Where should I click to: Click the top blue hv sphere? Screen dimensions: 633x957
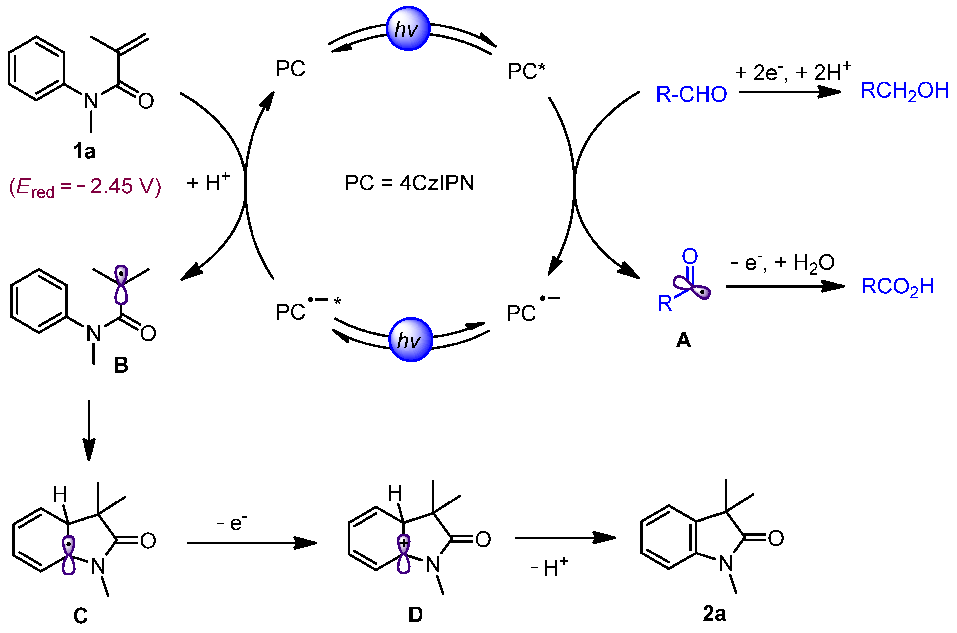point(408,28)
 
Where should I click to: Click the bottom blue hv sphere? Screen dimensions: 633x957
point(410,340)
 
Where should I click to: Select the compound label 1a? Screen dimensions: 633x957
point(84,152)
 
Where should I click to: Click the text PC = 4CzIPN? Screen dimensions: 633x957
point(409,183)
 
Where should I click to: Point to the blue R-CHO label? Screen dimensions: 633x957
point(691,94)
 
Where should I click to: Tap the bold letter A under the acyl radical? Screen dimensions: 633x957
point(683,340)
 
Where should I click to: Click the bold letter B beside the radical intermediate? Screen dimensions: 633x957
point(121,365)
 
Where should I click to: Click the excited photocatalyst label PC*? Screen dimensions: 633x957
point(526,71)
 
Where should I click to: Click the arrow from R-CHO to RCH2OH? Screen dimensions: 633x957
point(789,92)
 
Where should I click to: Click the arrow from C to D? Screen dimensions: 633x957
point(251,543)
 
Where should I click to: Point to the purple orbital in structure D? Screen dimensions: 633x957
point(403,554)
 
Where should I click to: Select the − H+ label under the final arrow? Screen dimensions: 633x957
point(549,567)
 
